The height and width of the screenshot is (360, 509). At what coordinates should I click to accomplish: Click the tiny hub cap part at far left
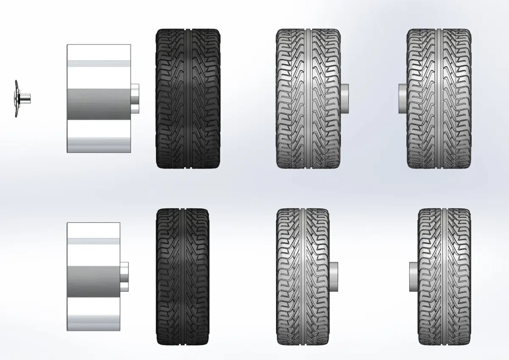pyautogui.click(x=17, y=98)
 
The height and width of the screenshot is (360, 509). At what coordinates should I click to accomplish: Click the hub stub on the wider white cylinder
pyautogui.click(x=135, y=99)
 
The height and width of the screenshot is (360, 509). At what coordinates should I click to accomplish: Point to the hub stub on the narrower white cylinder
pyautogui.click(x=124, y=277)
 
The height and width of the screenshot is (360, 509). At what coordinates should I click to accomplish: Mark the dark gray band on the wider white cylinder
pyautogui.click(x=98, y=104)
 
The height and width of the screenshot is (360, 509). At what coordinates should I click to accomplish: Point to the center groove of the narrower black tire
pyautogui.click(x=183, y=276)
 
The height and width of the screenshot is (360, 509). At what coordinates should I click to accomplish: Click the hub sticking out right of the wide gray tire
pyautogui.click(x=345, y=98)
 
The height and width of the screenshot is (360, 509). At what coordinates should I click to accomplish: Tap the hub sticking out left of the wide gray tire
pyautogui.click(x=403, y=98)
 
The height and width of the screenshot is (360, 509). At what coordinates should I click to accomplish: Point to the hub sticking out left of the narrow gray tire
pyautogui.click(x=414, y=276)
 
